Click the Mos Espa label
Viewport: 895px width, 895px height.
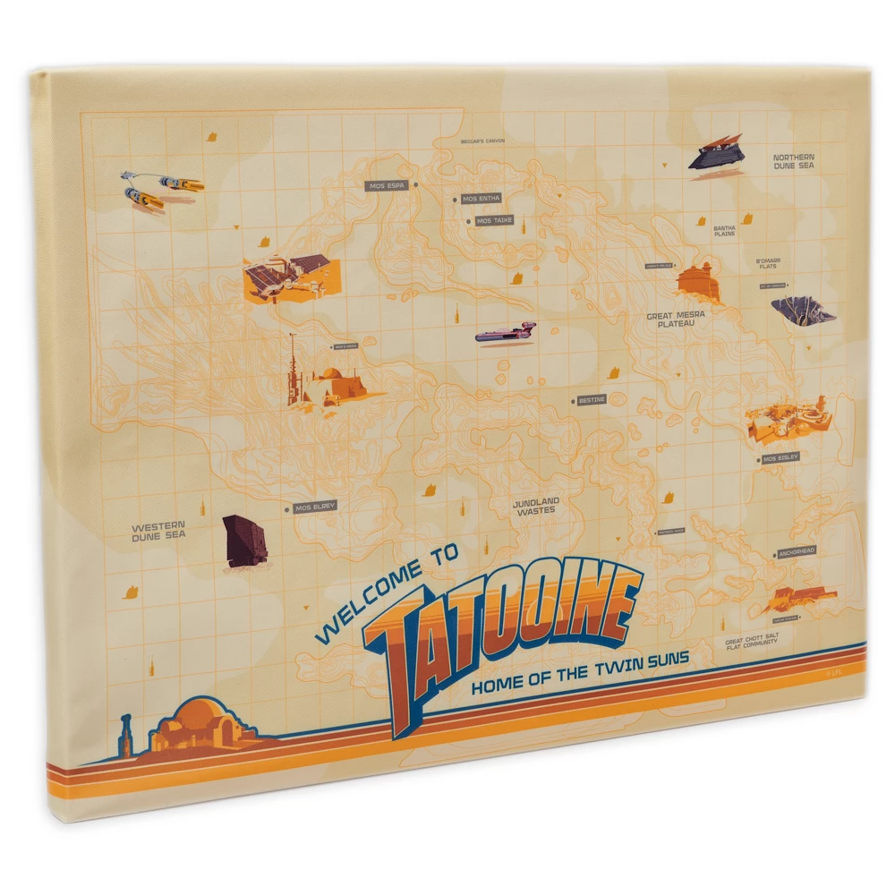[388, 186]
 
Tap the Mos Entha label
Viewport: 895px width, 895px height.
[482, 199]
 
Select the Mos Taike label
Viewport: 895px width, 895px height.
[494, 220]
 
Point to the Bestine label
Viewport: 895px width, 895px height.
[592, 400]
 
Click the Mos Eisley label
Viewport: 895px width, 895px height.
[780, 458]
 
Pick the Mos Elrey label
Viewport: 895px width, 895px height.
[315, 507]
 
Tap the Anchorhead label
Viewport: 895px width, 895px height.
[796, 552]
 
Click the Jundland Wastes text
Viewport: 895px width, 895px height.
[535, 506]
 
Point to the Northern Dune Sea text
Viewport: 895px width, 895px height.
[794, 161]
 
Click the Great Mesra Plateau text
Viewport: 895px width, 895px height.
[676, 319]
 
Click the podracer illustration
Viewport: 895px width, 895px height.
[161, 188]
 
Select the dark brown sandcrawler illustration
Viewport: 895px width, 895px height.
[244, 540]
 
